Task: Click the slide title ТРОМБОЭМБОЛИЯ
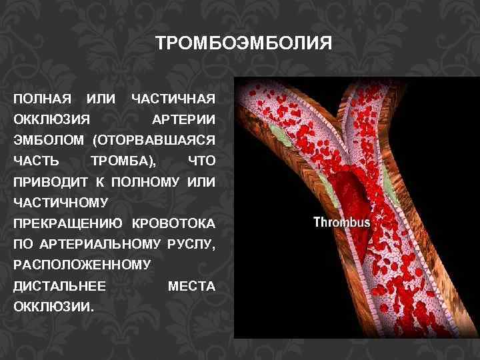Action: (243, 44)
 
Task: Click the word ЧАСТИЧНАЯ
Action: (173, 99)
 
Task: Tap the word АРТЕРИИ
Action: (184, 120)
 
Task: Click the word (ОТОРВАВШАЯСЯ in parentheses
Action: (154, 141)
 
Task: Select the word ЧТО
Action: (201, 161)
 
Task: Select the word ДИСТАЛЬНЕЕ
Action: (59, 286)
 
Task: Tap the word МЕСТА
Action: (191, 286)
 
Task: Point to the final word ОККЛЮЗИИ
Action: (53, 307)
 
